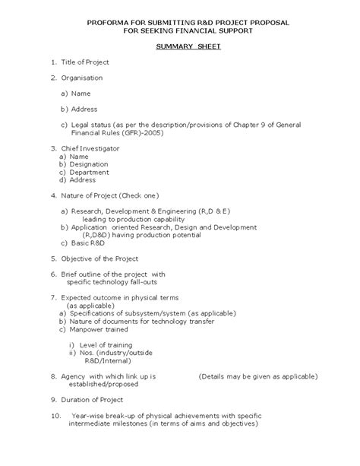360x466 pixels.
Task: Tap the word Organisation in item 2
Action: [81, 77]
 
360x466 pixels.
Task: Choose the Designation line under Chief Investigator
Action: [89, 163]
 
